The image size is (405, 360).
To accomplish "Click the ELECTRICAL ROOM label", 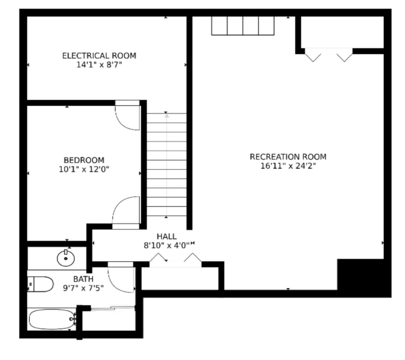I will click(x=99, y=55).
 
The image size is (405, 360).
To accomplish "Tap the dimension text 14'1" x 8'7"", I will click(x=99, y=64).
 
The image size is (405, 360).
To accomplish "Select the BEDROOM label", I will click(x=84, y=160).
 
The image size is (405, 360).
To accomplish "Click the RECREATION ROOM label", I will click(x=288, y=157).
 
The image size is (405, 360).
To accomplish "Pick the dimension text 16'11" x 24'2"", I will click(x=288, y=165).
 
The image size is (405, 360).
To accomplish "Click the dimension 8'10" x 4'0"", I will click(x=165, y=245).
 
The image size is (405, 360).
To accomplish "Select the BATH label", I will click(x=83, y=279).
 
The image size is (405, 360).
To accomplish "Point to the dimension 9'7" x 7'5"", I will click(x=83, y=287).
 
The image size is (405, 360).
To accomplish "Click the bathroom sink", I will click(x=66, y=258).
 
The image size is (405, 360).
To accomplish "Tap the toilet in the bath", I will click(x=40, y=283).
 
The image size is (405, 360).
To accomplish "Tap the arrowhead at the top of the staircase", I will click(x=167, y=115).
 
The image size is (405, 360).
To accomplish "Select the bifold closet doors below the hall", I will click(x=175, y=261).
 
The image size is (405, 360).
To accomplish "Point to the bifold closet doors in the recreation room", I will click(x=328, y=55).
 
